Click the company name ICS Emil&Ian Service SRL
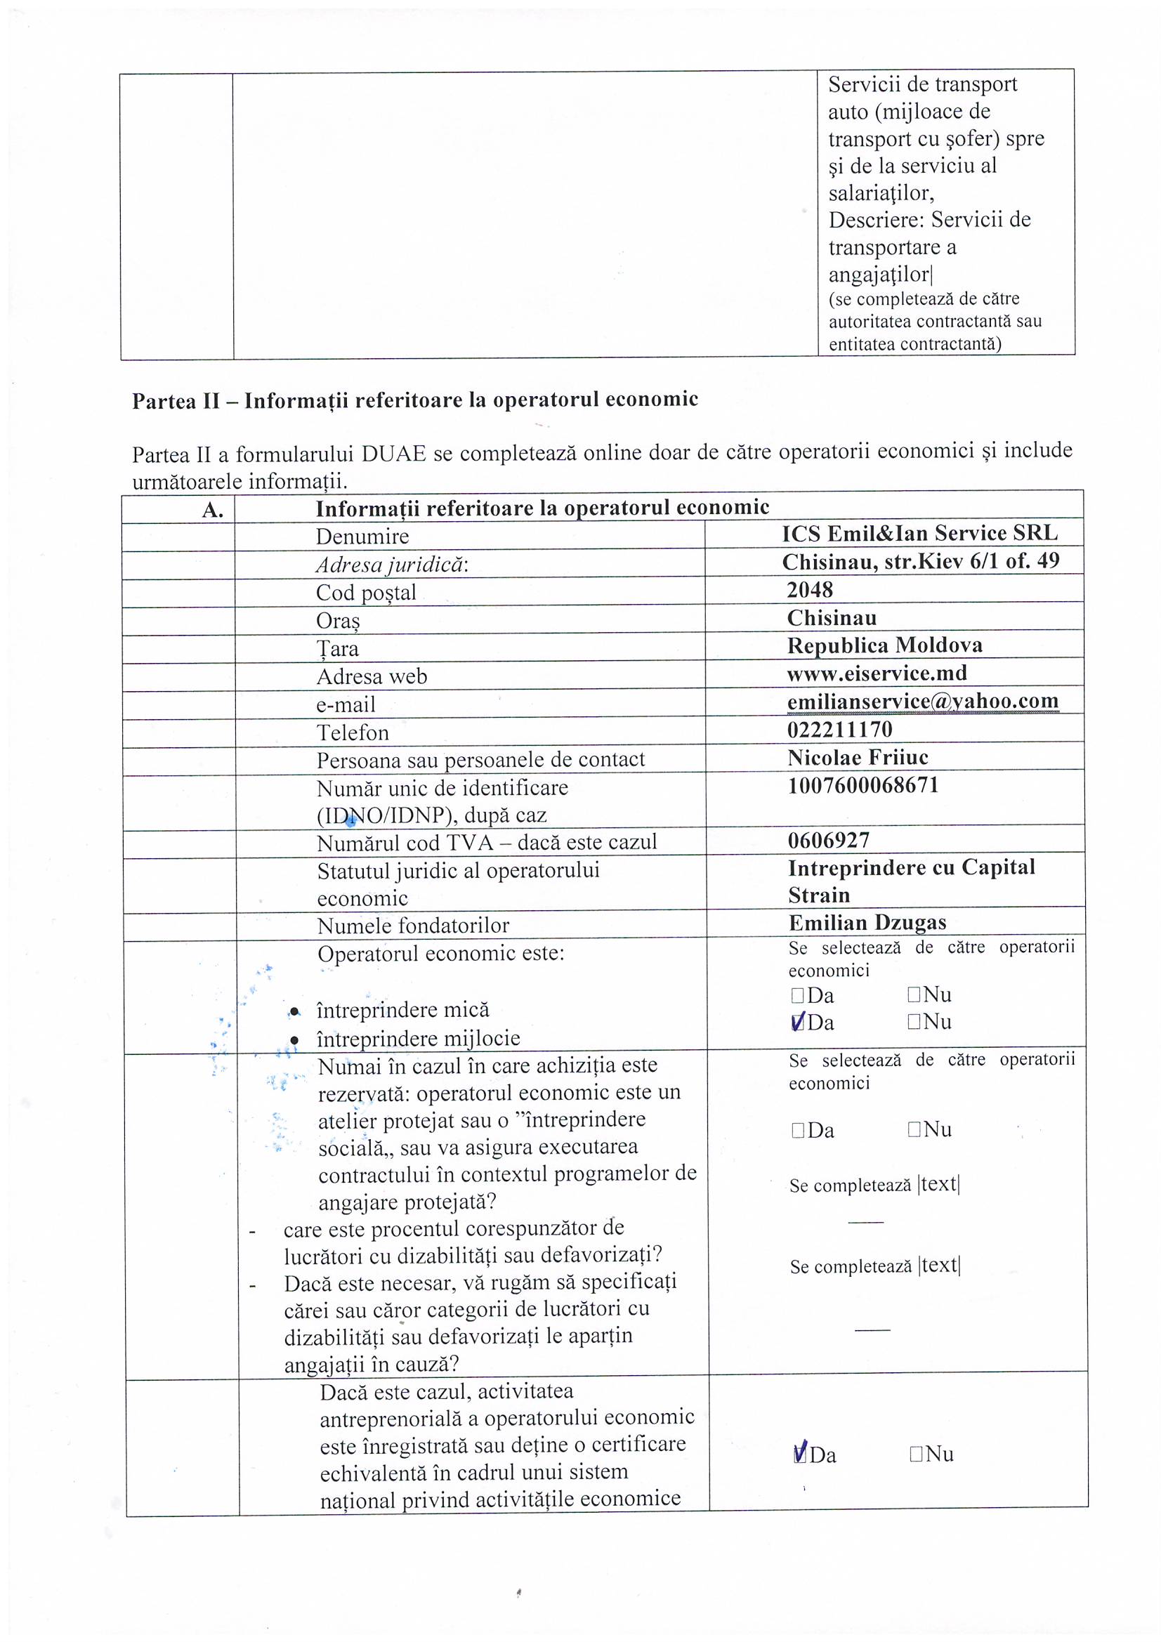point(919,534)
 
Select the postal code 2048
point(810,590)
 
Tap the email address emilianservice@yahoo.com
point(922,701)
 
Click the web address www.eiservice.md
point(877,673)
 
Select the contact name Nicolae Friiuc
point(858,757)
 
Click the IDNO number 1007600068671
point(862,785)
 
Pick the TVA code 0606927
point(828,840)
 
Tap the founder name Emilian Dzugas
point(867,923)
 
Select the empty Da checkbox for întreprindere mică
point(798,995)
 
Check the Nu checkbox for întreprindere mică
point(914,994)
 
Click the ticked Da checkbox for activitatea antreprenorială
point(801,1454)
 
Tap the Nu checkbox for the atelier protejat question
point(914,1130)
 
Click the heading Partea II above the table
point(414,400)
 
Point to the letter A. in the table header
point(212,510)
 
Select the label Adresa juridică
point(392,565)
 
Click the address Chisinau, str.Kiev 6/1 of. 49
point(921,561)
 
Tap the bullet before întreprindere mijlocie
point(294,1039)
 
